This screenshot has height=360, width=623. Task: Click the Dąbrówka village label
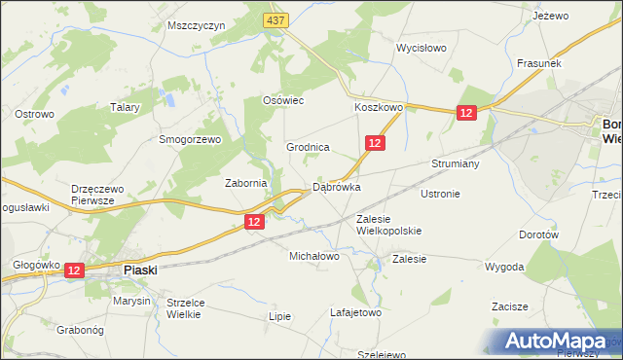click(336, 187)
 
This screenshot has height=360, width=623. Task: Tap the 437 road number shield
click(275, 20)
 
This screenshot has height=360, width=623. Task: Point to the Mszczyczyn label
click(196, 25)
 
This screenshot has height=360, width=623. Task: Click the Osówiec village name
click(284, 100)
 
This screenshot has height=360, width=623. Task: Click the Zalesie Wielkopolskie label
click(388, 225)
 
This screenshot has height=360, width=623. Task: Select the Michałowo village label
click(313, 257)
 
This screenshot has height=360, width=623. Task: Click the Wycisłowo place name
click(421, 47)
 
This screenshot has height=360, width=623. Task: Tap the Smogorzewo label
click(191, 139)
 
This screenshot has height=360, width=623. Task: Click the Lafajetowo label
click(355, 313)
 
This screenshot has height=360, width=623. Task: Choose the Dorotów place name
click(538, 234)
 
